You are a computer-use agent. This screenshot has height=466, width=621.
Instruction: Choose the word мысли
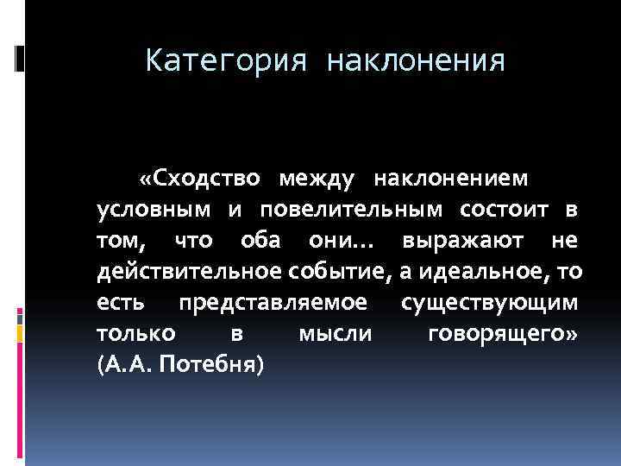(x=334, y=334)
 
